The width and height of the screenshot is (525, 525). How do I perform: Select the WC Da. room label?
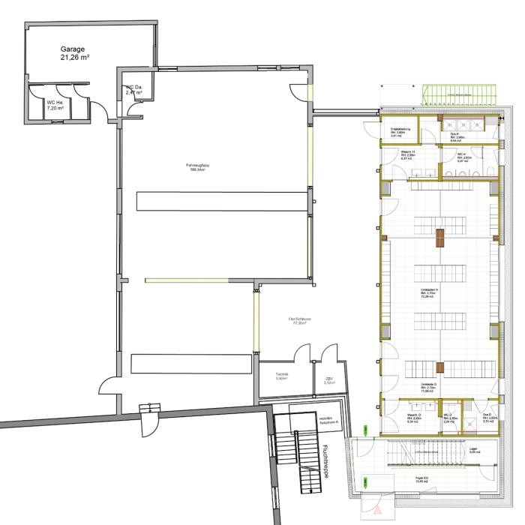pyautogui.click(x=134, y=90)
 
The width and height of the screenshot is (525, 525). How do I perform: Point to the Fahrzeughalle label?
pyautogui.click(x=198, y=167)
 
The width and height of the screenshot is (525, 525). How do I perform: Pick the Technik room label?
pyautogui.click(x=283, y=376)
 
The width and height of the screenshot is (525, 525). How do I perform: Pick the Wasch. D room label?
pyautogui.click(x=415, y=420)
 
